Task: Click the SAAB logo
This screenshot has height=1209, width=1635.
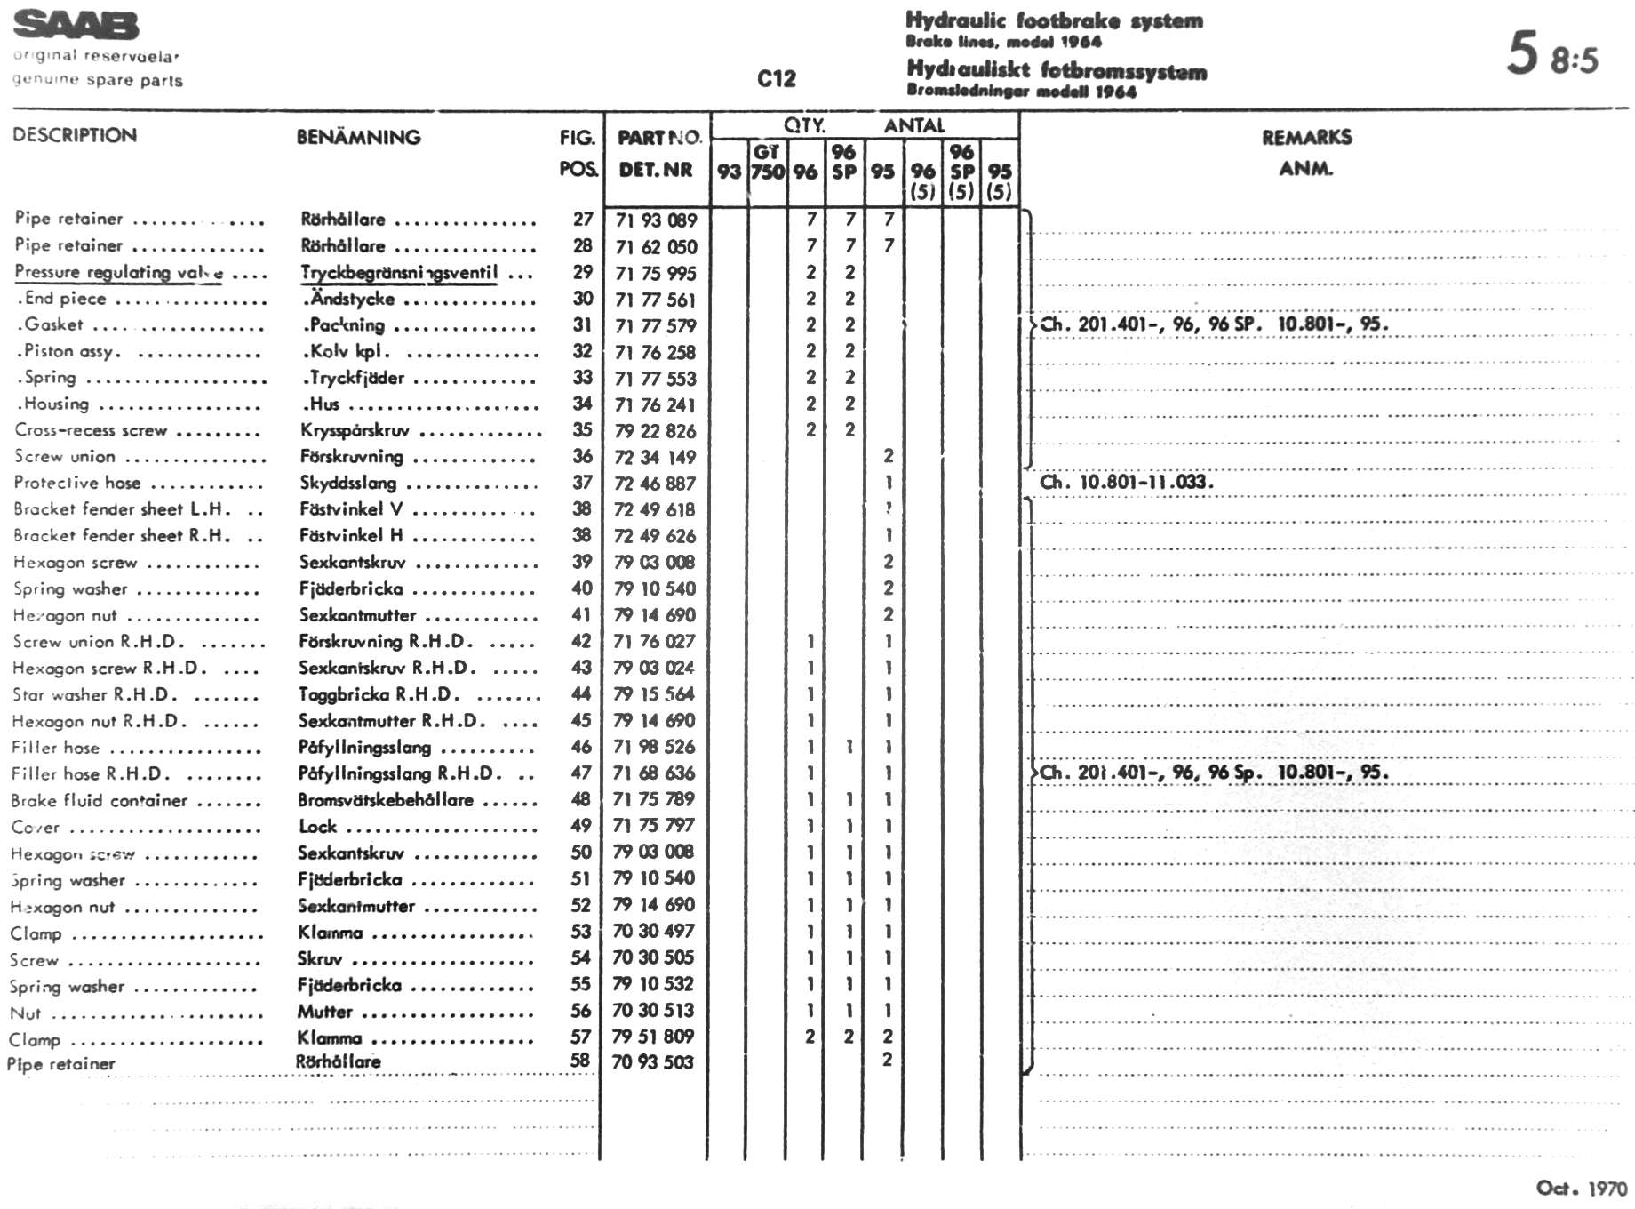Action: [76, 26]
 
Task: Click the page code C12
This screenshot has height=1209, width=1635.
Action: [776, 79]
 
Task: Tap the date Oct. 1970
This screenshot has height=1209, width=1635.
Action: [1581, 1188]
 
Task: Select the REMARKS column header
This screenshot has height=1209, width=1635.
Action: [1306, 137]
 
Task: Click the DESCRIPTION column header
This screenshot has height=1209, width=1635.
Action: [75, 135]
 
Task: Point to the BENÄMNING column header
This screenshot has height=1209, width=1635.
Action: [358, 137]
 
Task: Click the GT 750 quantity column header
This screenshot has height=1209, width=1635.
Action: [767, 162]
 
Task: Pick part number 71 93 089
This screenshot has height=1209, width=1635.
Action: [656, 220]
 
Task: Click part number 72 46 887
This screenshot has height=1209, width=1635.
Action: [655, 484]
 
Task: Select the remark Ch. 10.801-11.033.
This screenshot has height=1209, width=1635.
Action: [1126, 483]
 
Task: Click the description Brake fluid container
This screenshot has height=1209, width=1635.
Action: [100, 800]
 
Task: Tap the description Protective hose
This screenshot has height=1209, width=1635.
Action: [77, 483]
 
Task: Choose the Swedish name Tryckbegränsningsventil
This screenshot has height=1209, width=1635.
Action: [399, 273]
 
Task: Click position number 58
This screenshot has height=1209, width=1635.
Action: [580, 1060]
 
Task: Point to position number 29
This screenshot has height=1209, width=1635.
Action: [583, 272]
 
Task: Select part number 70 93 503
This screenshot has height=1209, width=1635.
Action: [652, 1061]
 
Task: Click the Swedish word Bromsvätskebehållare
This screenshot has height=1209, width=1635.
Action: [386, 799]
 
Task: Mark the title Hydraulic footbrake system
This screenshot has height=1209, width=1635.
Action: [1054, 20]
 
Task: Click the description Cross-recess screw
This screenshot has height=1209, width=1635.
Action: [91, 430]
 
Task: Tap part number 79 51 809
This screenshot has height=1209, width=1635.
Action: [653, 1037]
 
